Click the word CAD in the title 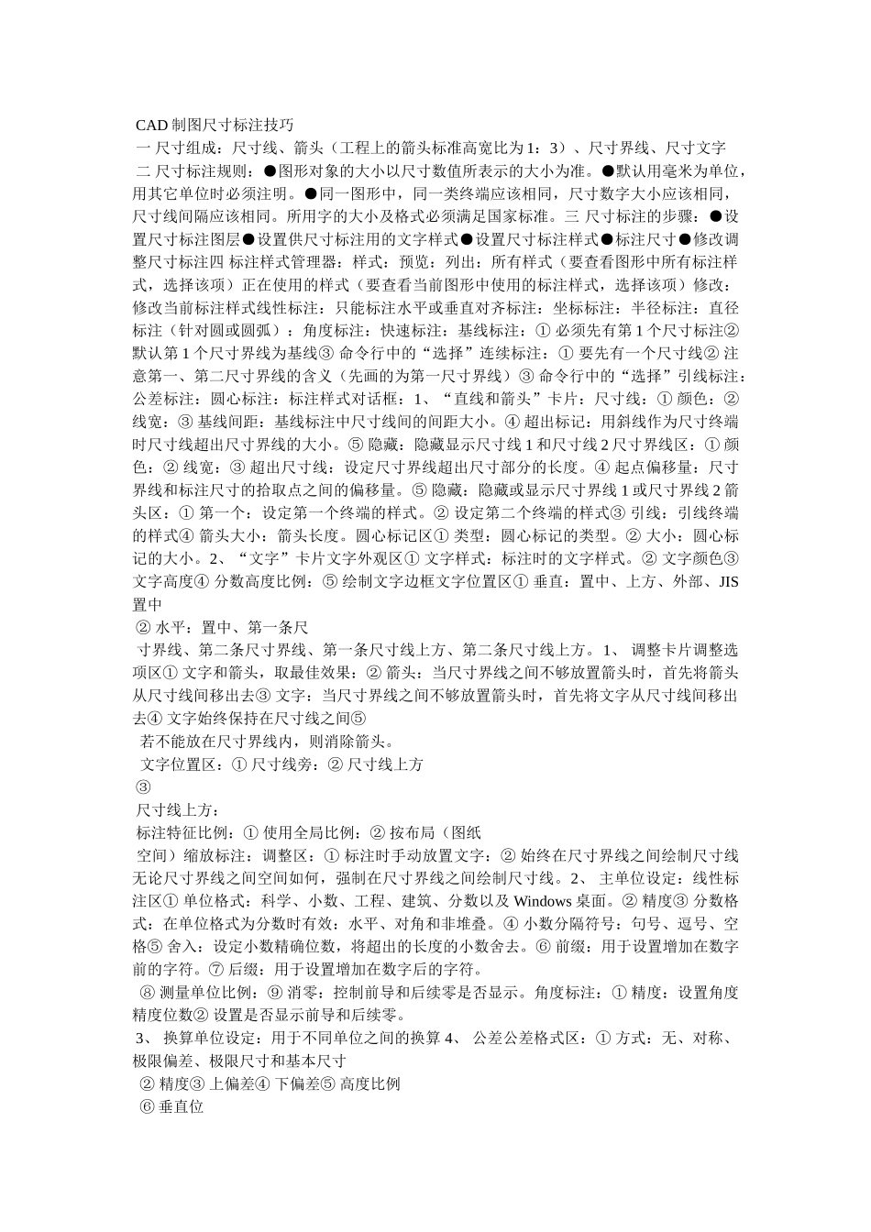click(x=151, y=125)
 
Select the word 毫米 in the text click(x=676, y=170)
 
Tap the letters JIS click(x=728, y=582)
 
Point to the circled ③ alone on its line click(x=143, y=787)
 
